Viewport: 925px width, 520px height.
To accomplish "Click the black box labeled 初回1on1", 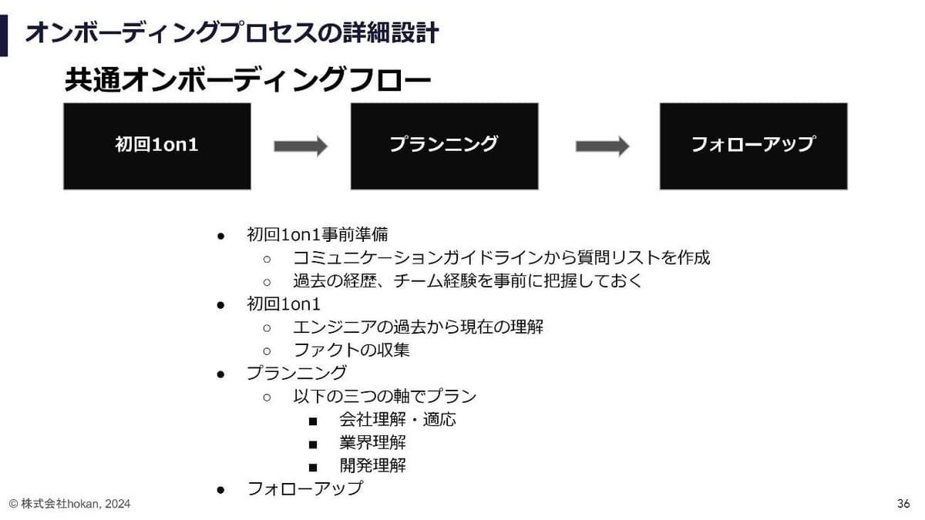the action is (x=157, y=146).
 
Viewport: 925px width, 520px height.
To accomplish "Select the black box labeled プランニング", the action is (x=444, y=146).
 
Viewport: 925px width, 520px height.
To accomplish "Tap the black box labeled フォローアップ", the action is (x=754, y=146).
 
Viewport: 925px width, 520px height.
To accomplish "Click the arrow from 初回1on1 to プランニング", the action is (x=301, y=146).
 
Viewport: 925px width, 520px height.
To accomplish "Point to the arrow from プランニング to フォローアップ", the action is (x=603, y=146).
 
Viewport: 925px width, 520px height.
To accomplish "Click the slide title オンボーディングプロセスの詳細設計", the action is (x=232, y=33).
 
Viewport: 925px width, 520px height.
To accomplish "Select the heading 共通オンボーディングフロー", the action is (x=247, y=79).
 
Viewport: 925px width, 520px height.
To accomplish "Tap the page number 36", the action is (x=903, y=504).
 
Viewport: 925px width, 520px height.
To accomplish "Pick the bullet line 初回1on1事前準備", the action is (x=317, y=234).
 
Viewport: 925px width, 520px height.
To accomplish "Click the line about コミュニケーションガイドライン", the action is (x=501, y=257).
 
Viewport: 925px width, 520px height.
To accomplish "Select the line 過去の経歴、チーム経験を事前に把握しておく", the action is (x=467, y=280).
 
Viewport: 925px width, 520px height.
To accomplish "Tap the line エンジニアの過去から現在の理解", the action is (x=418, y=327).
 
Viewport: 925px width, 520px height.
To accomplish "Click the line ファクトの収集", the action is (x=351, y=350).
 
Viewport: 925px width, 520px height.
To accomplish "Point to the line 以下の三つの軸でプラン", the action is (x=385, y=396).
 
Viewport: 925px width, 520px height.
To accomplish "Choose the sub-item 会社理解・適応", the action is (x=398, y=419).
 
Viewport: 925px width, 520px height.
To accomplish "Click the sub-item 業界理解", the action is (x=372, y=442).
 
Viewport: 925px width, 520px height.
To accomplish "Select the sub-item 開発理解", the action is (x=372, y=465).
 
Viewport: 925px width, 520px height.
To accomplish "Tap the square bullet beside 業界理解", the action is (x=313, y=445).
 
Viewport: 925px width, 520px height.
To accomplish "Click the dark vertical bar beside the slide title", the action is (x=4, y=35).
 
